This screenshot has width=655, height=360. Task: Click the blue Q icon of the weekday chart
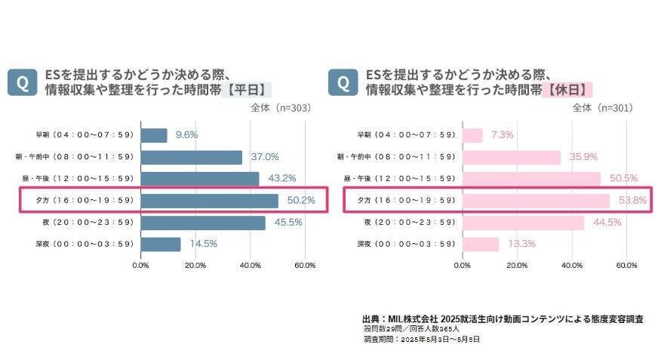(23, 82)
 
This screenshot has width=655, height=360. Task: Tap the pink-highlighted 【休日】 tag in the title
(567, 90)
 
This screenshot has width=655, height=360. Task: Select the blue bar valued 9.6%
(154, 135)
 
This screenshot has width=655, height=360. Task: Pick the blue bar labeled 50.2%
(209, 201)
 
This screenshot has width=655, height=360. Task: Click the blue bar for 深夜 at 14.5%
(161, 244)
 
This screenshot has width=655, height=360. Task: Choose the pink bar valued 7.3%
(472, 135)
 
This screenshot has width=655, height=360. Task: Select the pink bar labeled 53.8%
(536, 201)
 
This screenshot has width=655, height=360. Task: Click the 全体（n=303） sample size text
(281, 108)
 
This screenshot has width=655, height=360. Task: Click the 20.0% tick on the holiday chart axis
(517, 266)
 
